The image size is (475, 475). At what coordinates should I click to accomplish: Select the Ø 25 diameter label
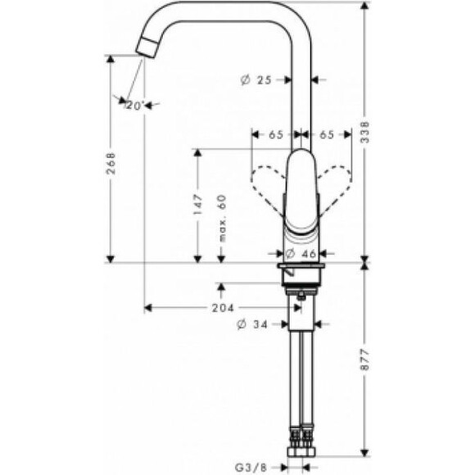(x=256, y=79)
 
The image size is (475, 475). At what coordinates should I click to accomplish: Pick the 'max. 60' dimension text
(x=220, y=220)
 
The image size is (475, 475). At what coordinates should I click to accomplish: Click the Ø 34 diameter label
(x=252, y=324)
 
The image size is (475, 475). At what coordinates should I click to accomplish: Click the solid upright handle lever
(x=301, y=188)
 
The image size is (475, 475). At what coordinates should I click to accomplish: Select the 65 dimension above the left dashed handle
(x=275, y=133)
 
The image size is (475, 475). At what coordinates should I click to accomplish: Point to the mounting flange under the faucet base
(x=303, y=274)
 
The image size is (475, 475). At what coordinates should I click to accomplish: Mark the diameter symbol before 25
(x=245, y=79)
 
